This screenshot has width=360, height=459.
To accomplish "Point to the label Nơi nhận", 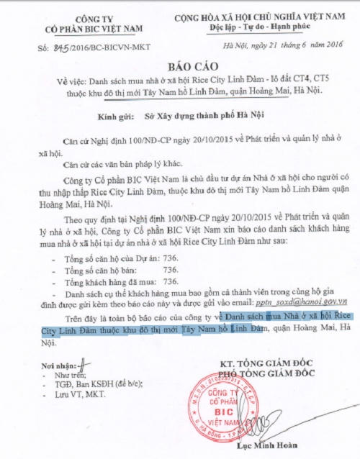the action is click(x=58, y=365).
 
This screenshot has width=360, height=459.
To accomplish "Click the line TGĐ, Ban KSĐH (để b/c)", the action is click(x=98, y=385).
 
